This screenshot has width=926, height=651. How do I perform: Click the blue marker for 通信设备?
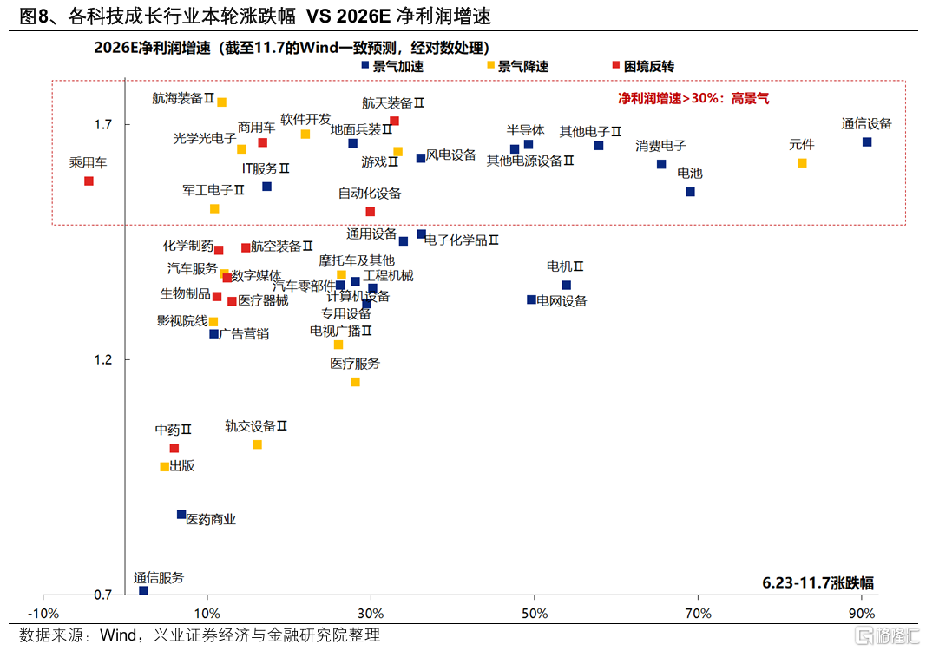click(866, 141)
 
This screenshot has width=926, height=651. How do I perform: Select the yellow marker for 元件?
click(801, 162)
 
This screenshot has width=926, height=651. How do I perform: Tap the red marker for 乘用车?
click(89, 181)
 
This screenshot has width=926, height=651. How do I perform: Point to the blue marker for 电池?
click(690, 192)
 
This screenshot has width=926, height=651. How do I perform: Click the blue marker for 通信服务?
click(143, 590)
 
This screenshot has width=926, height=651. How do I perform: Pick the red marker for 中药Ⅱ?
click(174, 448)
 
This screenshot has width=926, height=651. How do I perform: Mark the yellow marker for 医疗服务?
click(354, 382)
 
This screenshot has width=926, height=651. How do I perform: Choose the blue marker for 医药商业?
click(181, 514)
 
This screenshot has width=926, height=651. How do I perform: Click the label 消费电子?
click(660, 146)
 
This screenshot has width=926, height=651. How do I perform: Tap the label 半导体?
click(525, 130)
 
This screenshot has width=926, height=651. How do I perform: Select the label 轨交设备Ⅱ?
click(255, 426)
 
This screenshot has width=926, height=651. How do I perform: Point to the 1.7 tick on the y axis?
click(102, 125)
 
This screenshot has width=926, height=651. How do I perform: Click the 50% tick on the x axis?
click(535, 614)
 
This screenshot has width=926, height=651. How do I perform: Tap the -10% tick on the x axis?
click(43, 614)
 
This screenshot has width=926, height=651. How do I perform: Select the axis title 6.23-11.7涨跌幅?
click(818, 582)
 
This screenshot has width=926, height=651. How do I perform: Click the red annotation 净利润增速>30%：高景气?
click(693, 99)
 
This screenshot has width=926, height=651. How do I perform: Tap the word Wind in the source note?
click(118, 635)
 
